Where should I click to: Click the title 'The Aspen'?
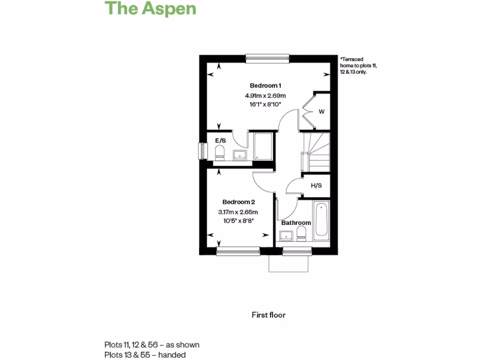click(150, 8)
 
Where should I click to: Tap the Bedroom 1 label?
click(265, 86)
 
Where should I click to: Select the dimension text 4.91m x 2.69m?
click(265, 96)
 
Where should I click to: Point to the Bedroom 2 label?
click(239, 202)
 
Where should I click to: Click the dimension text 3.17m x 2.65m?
click(239, 212)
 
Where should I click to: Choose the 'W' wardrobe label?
click(322, 112)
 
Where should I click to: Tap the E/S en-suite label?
click(221, 140)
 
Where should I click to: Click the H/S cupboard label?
click(316, 186)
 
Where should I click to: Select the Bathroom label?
click(296, 223)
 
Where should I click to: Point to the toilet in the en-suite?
click(219, 152)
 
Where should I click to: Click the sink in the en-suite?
click(240, 155)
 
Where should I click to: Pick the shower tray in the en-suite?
click(262, 147)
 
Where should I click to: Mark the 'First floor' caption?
click(269, 315)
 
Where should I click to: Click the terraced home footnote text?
click(359, 66)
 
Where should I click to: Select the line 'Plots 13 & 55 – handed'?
click(145, 355)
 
